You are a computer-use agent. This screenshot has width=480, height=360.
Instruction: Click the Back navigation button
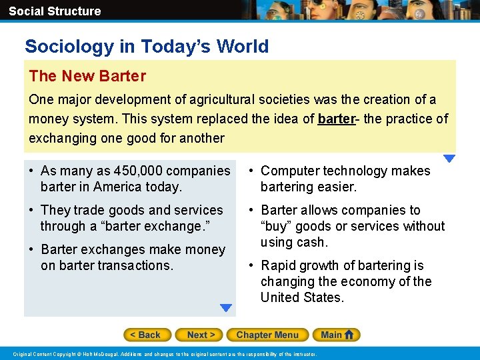click(x=147, y=335)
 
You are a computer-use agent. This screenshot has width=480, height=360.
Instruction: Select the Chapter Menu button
click(x=267, y=335)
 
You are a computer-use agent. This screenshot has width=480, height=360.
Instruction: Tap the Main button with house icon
click(x=339, y=335)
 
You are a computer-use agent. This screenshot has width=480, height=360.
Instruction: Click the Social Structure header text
click(x=55, y=11)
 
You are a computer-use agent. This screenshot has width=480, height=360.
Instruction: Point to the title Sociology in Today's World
click(x=147, y=47)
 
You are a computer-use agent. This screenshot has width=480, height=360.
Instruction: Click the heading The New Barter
click(x=87, y=76)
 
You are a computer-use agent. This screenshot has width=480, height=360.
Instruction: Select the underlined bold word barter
click(x=337, y=119)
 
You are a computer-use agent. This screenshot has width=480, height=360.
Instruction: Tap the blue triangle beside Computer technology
click(x=449, y=159)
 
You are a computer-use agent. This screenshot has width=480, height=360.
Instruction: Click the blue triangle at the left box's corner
click(x=226, y=308)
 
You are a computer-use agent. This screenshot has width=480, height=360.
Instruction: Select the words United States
click(x=302, y=297)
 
